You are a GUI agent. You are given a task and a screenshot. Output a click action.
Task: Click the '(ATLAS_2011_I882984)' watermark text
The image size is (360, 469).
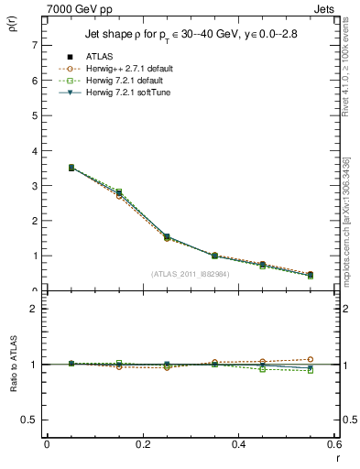coord(191,273)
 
